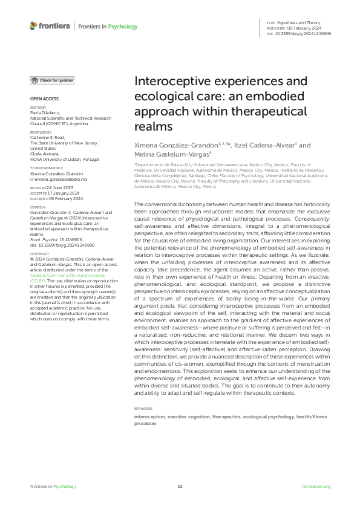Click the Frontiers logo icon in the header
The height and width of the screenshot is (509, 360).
(x=33, y=26)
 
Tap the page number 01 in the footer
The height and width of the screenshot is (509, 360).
(x=180, y=487)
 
